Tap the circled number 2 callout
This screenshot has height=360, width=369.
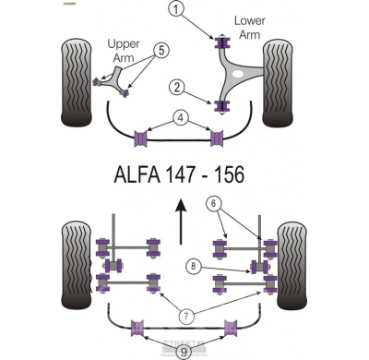pyautogui.click(x=175, y=88)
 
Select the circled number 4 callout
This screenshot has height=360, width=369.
pyautogui.click(x=181, y=117)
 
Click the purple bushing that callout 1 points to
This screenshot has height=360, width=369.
pyautogui.click(x=221, y=42)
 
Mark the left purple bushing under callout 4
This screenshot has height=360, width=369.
pyautogui.click(x=142, y=138)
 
